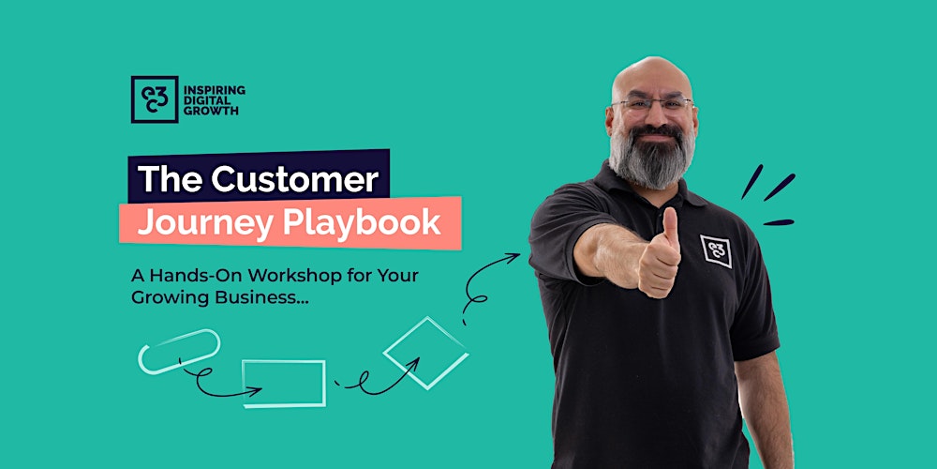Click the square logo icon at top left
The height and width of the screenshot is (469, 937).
[155, 99]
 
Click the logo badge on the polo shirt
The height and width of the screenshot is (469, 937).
[717, 250]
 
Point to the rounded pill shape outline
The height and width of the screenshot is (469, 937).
[178, 351]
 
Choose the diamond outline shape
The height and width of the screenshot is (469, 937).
[426, 353]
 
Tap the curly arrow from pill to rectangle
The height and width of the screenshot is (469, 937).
[204, 381]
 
